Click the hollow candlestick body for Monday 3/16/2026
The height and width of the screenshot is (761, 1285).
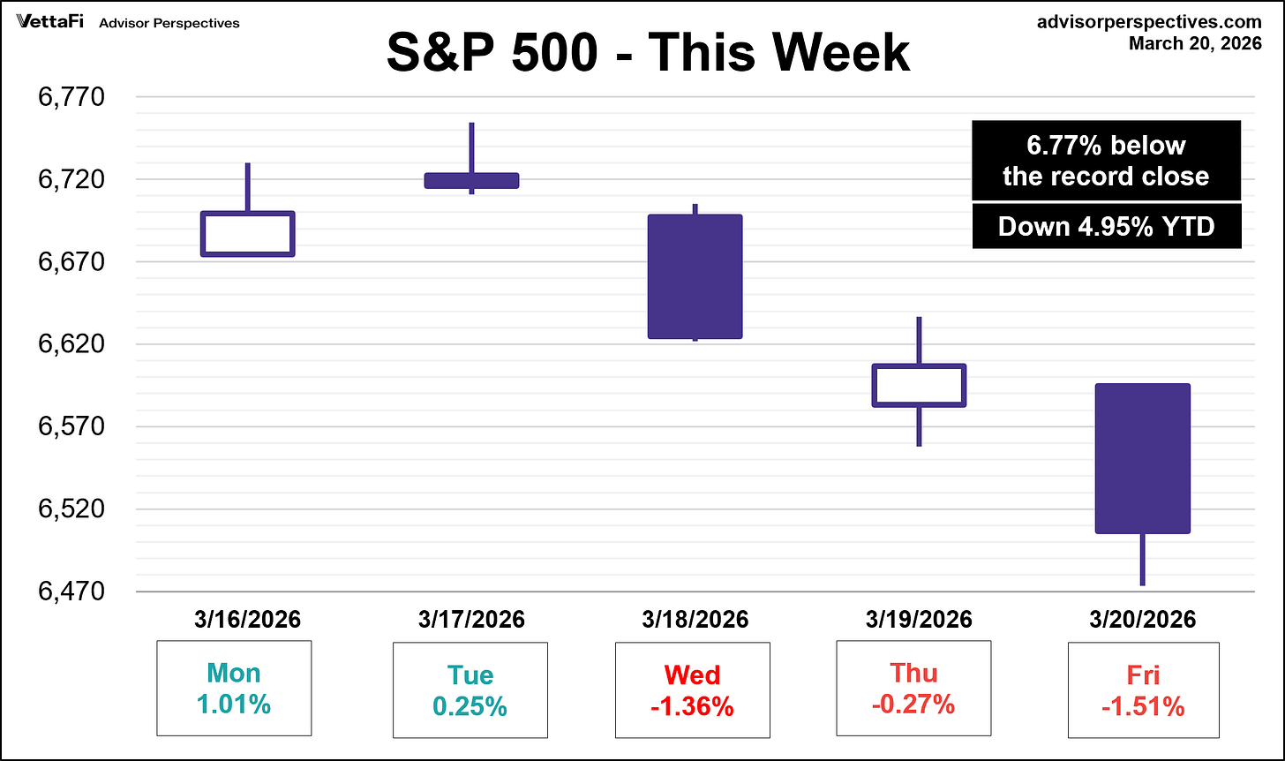[x=247, y=234]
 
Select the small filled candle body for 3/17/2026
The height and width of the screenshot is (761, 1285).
[x=471, y=180]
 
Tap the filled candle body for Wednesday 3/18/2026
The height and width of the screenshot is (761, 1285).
[x=695, y=276]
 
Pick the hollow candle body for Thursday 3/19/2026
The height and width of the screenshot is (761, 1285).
[x=919, y=385]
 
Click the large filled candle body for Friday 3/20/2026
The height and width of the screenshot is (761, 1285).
[x=1142, y=458]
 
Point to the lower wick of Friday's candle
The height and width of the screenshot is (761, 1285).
[x=1142, y=560]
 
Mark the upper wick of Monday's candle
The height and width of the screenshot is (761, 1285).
[x=247, y=186]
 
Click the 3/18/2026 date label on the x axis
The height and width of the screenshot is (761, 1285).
[x=695, y=620]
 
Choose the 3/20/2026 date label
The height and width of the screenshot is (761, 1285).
[x=1142, y=620]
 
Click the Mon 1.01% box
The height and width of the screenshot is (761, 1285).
[x=235, y=689]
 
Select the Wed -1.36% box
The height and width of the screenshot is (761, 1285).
[x=692, y=689]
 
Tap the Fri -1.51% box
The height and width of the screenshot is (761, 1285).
[x=1143, y=689]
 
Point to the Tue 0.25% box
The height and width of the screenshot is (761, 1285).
[x=470, y=689]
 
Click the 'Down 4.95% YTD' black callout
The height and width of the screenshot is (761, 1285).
[x=1106, y=227]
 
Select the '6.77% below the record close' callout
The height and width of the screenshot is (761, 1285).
[x=1106, y=161]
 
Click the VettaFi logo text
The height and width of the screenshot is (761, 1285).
[x=50, y=22]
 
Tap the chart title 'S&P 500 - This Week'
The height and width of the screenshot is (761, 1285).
[x=648, y=53]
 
